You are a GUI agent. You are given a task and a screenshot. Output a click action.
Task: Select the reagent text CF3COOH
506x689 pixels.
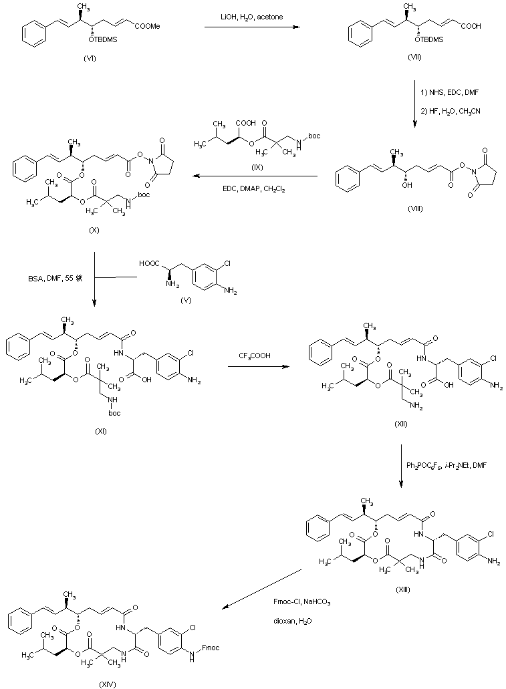(259, 357)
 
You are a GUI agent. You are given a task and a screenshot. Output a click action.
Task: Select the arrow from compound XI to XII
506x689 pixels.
(259, 366)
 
